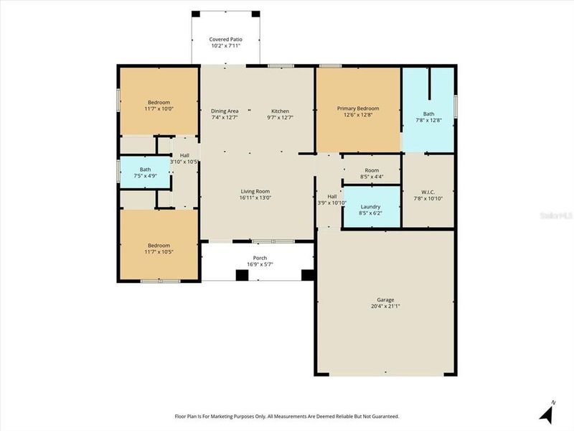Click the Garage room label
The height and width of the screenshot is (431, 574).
point(385,300)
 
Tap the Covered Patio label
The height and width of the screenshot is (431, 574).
point(225,39)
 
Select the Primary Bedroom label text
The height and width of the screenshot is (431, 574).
point(358,108)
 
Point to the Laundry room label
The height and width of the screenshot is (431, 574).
point(371,206)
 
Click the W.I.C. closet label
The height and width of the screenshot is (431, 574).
point(428,192)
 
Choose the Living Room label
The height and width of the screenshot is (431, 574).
point(255,191)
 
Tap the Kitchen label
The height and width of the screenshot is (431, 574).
point(280,111)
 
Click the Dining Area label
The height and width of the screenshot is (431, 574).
point(225,111)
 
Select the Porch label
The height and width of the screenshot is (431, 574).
point(259,258)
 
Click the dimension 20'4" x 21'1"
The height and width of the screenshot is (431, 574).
point(385,306)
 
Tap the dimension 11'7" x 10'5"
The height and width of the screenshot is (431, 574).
point(159,251)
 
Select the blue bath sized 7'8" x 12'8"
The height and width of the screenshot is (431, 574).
point(428,116)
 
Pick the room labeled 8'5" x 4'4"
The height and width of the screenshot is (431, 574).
point(371,173)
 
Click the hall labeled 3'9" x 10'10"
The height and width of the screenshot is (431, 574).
point(332,200)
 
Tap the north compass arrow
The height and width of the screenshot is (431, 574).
point(548,412)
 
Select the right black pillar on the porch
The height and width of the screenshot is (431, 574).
point(308,274)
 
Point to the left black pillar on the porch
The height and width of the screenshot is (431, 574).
point(241,274)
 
